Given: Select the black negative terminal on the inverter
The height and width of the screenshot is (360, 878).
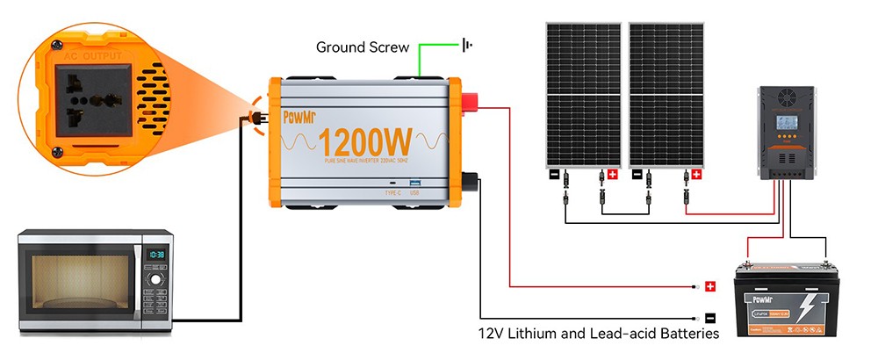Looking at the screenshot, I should (469, 182).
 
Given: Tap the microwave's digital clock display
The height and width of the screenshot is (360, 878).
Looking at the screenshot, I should (155, 255).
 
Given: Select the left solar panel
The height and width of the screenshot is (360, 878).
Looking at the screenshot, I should (580, 94).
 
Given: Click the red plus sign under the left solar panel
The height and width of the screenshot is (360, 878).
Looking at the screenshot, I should (612, 175).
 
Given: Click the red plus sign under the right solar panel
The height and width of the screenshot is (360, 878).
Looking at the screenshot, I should (696, 175).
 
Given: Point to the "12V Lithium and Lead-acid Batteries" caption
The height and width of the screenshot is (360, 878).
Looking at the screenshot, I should (599, 334).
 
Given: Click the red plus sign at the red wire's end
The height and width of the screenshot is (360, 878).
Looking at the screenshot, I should (710, 286).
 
